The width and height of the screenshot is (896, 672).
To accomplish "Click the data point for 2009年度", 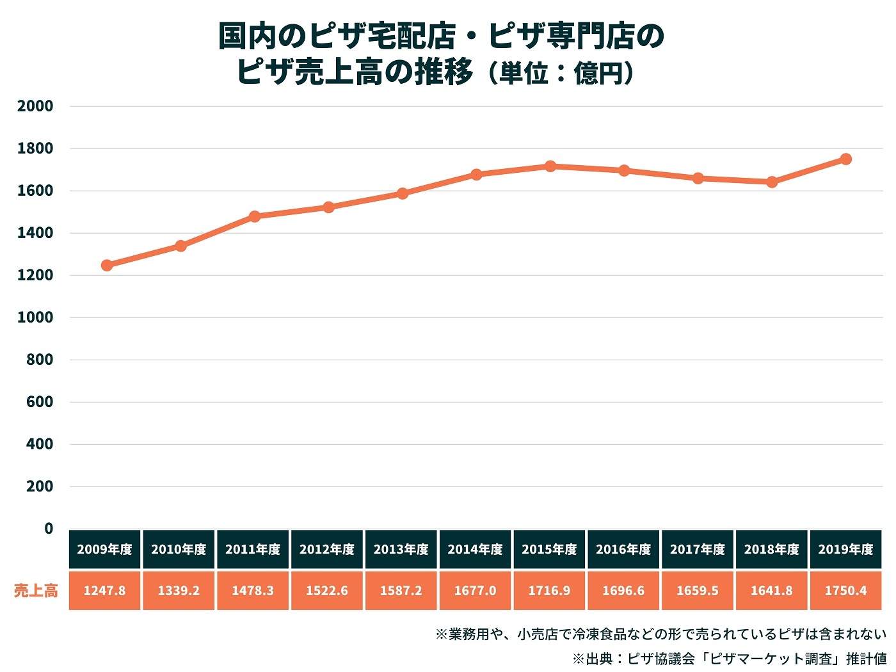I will click(x=107, y=265).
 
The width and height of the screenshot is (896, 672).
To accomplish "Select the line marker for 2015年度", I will click(x=550, y=166).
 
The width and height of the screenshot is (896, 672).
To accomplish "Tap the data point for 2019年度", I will click(x=845, y=159).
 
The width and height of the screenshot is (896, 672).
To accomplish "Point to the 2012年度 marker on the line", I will click(x=328, y=207).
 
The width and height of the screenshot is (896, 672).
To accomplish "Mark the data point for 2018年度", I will click(x=772, y=182).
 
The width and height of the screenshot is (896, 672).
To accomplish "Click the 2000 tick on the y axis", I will click(x=35, y=106).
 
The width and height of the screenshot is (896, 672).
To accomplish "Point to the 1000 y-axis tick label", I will click(x=35, y=317).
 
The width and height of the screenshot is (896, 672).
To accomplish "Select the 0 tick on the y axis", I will click(x=49, y=529).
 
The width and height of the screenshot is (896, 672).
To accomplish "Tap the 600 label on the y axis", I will click(x=40, y=402).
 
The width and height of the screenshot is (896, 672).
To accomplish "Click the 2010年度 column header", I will click(x=179, y=549).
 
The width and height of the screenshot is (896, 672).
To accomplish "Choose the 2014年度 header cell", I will click(x=475, y=549).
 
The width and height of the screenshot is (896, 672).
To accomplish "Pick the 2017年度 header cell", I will click(x=698, y=549).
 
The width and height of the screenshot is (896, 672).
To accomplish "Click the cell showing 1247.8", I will click(x=105, y=590).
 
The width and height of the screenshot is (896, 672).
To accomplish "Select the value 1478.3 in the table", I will click(x=253, y=590).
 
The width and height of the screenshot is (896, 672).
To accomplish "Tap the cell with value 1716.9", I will click(x=549, y=590).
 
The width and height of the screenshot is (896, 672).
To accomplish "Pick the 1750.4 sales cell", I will click(x=845, y=590).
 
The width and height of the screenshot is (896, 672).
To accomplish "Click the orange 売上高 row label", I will click(x=36, y=590).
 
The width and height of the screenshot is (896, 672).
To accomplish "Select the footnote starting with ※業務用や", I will click(x=660, y=634).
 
